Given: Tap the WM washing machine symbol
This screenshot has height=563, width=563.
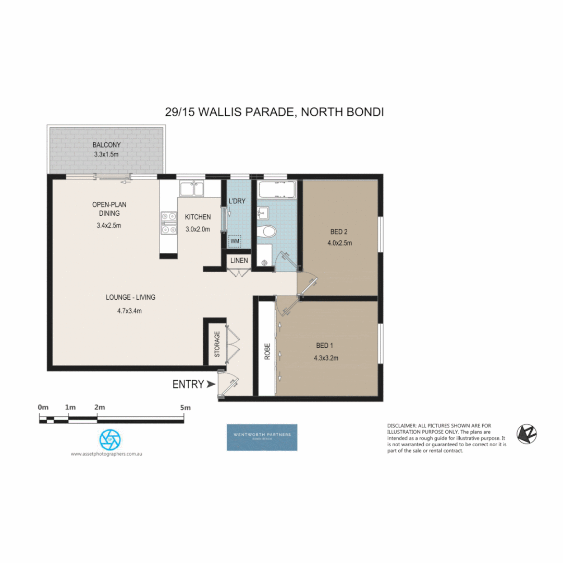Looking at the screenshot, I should [x=235, y=242].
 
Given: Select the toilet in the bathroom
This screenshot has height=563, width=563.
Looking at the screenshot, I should [x=269, y=231].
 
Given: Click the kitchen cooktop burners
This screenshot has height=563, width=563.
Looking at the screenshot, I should [x=168, y=222].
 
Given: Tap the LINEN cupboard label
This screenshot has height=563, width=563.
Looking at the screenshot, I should [x=239, y=261].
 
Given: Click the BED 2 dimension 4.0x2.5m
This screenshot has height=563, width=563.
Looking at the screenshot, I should [x=339, y=243].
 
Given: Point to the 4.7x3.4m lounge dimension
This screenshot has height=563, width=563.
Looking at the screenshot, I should [x=130, y=311].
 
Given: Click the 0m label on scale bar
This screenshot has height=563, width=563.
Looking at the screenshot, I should [x=43, y=407].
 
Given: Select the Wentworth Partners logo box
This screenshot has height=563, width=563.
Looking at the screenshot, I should [x=262, y=437].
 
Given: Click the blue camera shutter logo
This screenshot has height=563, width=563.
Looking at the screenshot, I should [x=110, y=439].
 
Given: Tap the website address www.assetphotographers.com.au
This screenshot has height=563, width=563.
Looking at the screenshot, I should [x=106, y=454].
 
